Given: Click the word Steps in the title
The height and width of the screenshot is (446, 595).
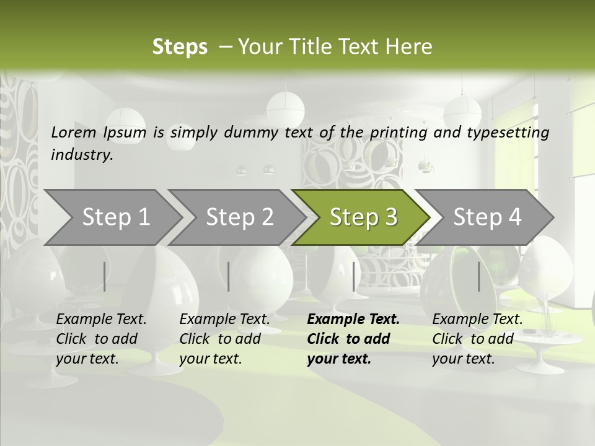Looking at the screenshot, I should point(180,47).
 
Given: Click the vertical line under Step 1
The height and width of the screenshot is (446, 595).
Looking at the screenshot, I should point(104,276).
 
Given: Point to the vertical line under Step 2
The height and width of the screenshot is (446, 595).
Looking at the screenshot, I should point(229,276).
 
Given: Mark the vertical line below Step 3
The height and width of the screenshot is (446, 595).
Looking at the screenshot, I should point(353,276).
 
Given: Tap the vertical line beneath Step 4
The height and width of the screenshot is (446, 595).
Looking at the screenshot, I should point(478,276).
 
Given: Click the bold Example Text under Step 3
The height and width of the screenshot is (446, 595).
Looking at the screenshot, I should point(353,338).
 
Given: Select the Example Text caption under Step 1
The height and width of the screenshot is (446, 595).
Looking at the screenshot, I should point(101,338).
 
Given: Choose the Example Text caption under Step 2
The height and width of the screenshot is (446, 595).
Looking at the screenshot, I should point(224,338).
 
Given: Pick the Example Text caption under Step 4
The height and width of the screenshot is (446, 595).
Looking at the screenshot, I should point(477,338).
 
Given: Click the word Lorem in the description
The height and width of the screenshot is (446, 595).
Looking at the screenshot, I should point(74,132).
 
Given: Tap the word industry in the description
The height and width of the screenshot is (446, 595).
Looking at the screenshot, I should point(82,155).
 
